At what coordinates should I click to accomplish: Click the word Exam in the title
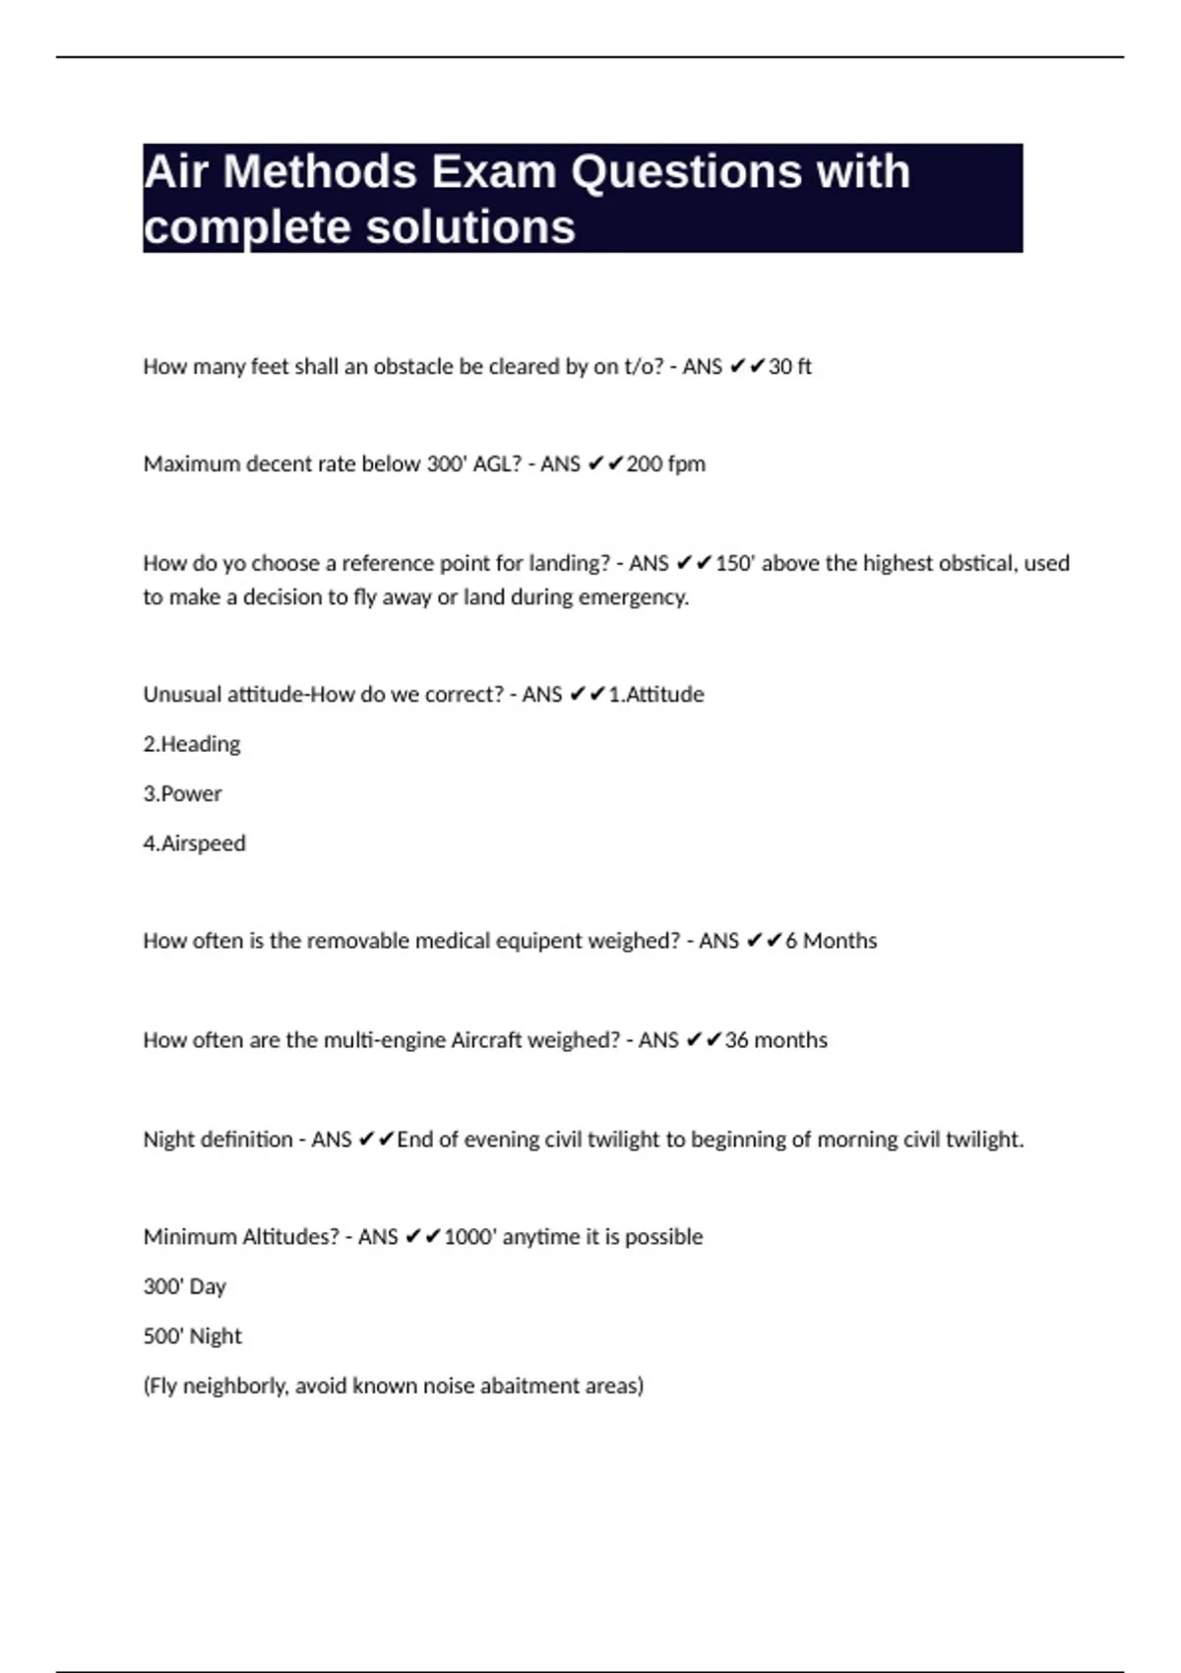494,172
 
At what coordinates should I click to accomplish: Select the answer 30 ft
789,367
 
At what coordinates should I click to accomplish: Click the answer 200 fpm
665,465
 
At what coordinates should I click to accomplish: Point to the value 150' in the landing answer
734,564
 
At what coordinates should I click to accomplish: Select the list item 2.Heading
192,744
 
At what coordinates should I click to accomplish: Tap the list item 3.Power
182,794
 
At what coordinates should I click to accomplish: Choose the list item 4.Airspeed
194,843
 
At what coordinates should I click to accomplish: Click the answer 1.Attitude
655,695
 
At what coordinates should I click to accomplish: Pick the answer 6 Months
831,941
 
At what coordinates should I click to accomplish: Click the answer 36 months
776,1040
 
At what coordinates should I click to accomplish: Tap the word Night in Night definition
168,1140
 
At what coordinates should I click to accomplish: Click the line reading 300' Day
185,1286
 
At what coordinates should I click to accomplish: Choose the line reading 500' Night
192,1336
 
